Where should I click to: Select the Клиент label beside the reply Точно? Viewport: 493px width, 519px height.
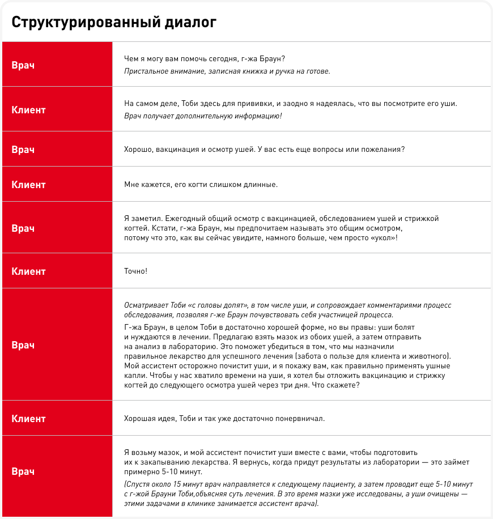click(28, 271)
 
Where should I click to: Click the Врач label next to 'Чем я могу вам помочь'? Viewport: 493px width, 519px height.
click(23, 65)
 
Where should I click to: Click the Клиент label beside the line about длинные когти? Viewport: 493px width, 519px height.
click(28, 184)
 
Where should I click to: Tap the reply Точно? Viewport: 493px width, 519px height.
click(135, 271)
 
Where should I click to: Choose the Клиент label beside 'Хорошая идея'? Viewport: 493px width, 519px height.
click(28, 419)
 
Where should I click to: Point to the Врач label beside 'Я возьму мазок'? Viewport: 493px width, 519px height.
click(23, 471)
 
